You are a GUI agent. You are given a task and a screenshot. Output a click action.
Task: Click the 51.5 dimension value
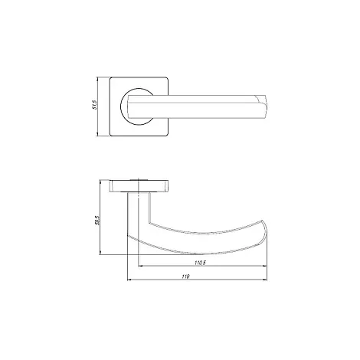coord(95,105)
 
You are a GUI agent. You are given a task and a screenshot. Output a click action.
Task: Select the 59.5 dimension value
coord(97,220)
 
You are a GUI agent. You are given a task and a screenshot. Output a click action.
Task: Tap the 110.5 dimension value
coord(200,263)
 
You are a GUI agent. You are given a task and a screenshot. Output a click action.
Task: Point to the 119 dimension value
coord(186,277)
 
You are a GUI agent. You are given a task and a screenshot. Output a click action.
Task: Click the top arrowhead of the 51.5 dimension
coord(97,79)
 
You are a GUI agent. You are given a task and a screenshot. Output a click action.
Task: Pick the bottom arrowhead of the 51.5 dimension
coord(97,134)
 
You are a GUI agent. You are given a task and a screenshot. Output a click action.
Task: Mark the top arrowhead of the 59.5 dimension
coord(100,182)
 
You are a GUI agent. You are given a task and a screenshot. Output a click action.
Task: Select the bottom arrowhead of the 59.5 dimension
coord(100,252)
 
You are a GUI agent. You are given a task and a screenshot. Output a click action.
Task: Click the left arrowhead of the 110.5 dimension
coord(140,266)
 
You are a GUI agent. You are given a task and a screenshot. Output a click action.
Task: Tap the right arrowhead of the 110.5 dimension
coord(264,266)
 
